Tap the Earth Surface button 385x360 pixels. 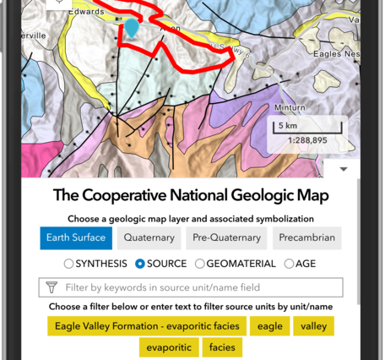click(x=76, y=237)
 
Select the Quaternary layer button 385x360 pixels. click(x=147, y=237)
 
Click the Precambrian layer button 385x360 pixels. click(x=307, y=237)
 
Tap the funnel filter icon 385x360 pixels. click(x=51, y=287)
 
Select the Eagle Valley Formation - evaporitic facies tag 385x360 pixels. click(x=148, y=325)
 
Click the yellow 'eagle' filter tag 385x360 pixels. click(x=270, y=325)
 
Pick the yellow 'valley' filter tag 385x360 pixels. click(x=314, y=325)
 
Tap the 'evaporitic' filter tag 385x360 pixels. click(x=168, y=347)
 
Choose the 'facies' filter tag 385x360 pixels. click(x=222, y=347)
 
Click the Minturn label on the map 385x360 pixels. click(x=290, y=108)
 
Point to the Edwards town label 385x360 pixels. click(x=88, y=12)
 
